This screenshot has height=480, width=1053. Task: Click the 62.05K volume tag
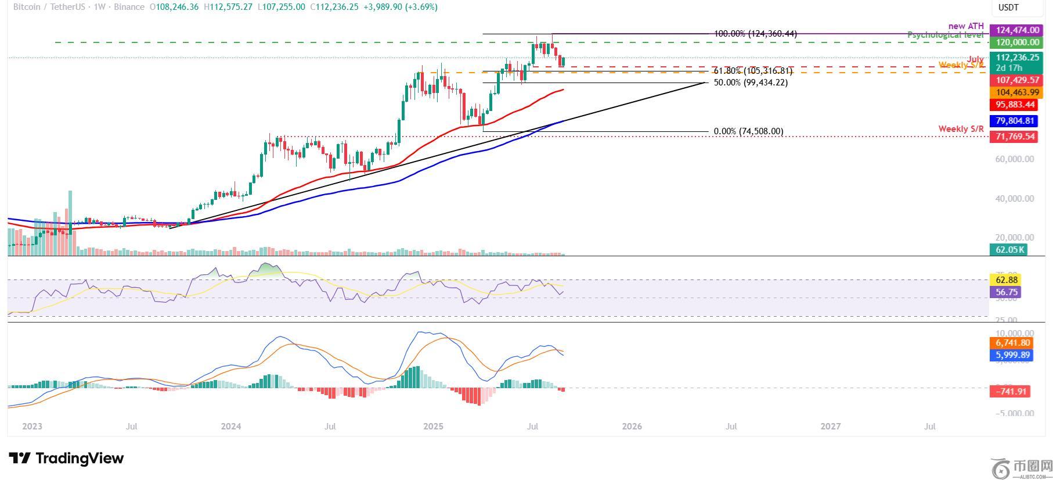pyautogui.click(x=1008, y=250)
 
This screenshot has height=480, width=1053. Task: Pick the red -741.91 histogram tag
pyautogui.click(x=1011, y=391)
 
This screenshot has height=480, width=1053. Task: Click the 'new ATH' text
pyautogui.click(x=966, y=26)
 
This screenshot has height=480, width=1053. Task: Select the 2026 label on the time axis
pyautogui.click(x=632, y=426)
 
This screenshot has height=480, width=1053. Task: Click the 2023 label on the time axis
pyautogui.click(x=32, y=426)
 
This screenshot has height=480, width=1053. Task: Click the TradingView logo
pyautogui.click(x=66, y=458)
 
